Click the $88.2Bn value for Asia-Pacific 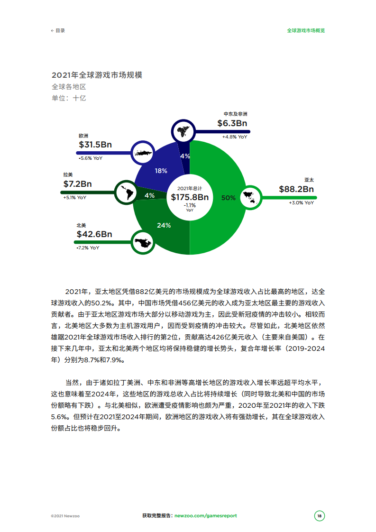296,189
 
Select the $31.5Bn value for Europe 95,145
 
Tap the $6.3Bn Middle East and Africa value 232,123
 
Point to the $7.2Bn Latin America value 78,184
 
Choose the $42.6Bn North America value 94,234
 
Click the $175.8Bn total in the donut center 190,197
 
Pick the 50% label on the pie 229,198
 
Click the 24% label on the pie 164,225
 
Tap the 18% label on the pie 161,171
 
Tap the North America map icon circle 143,243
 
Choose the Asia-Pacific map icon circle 249,197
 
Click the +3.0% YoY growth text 301,202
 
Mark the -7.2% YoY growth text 88,248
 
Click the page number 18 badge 320,516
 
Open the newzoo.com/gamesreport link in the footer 206,516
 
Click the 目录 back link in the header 58,30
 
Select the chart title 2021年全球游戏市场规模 97,75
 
